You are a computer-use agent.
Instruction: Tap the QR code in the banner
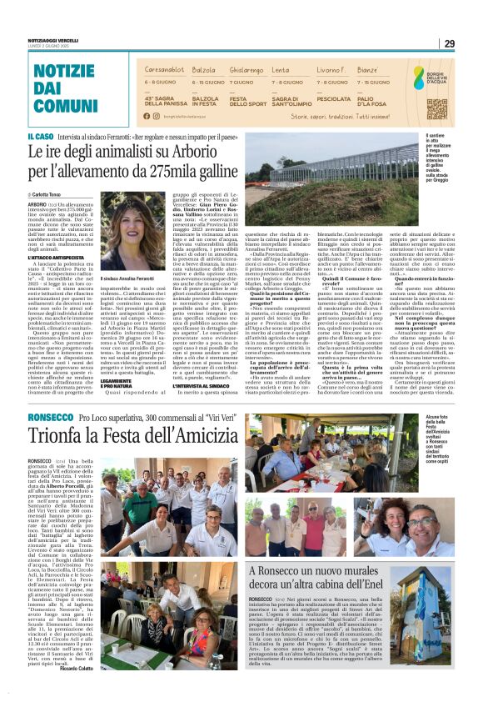pos(436,108)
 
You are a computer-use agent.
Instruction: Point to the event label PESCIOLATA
pos(334,98)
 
